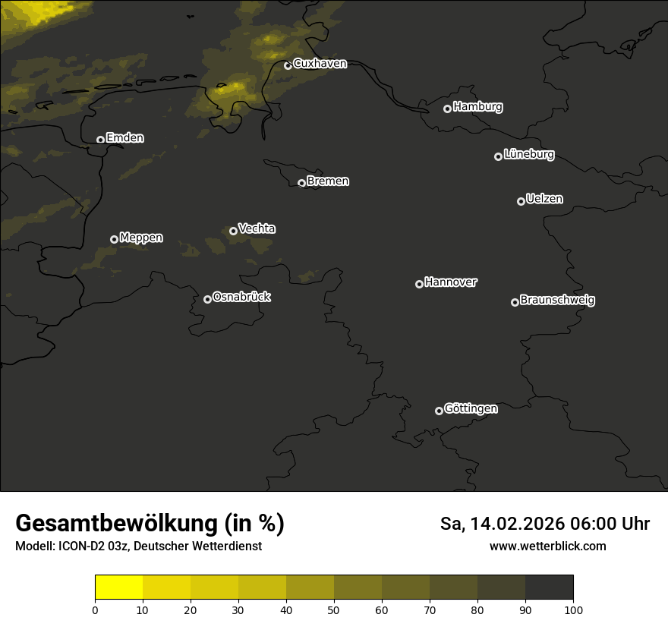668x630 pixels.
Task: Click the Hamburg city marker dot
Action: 447,109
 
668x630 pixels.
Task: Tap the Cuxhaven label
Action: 320,64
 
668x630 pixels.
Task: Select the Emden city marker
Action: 100,140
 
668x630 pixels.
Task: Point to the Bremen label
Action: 328,181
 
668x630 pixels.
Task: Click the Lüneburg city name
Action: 529,155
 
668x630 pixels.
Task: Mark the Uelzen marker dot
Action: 521,201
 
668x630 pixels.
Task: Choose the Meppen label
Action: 141,238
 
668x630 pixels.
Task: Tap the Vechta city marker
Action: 233,231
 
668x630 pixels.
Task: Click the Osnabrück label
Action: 241,297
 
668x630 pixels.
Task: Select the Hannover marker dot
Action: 419,284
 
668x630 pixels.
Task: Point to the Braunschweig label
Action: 557,300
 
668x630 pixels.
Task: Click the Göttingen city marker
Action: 439,411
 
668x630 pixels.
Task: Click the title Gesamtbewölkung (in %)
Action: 150,524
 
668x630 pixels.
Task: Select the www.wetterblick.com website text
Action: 547,546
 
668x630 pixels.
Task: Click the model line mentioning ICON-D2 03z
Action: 138,546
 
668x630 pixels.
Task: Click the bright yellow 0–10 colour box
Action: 118,587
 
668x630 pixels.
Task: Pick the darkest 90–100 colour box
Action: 549,587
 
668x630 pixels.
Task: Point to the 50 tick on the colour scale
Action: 334,610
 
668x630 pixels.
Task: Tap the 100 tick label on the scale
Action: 573,610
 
